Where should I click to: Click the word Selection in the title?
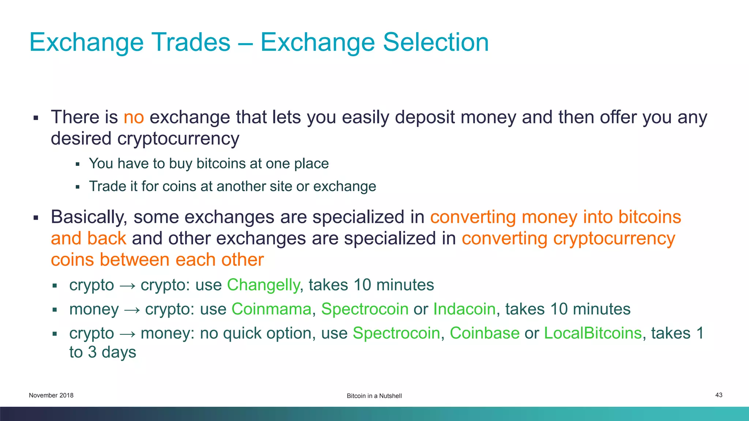point(436,42)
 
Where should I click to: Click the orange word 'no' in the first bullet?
point(133,118)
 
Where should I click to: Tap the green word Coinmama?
point(271,309)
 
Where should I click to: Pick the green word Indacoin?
point(464,309)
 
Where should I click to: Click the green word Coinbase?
point(484,333)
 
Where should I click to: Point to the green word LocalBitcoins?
point(592,333)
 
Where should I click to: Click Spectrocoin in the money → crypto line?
point(365,309)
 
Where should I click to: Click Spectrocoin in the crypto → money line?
point(396,333)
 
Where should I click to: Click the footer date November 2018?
point(51,395)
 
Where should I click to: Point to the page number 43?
point(719,395)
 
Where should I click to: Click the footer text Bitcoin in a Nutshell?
point(374,396)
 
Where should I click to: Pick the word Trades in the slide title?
point(191,42)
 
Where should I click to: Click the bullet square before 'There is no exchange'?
point(36,118)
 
